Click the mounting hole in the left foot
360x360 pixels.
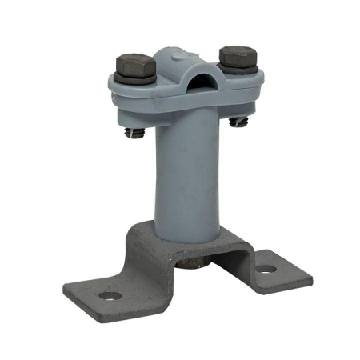pos(110,297)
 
